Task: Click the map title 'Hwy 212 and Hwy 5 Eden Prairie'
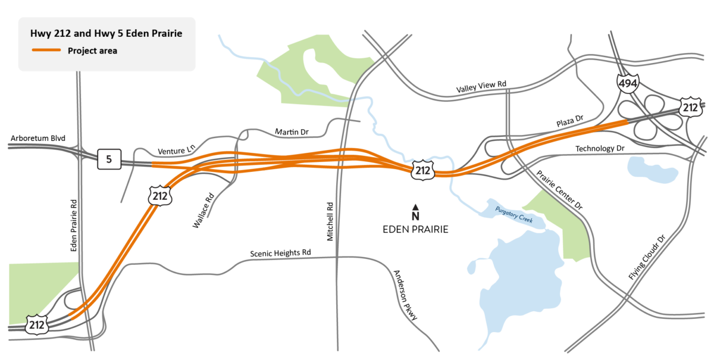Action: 107,34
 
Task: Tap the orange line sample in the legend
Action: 46,51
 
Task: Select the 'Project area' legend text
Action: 92,51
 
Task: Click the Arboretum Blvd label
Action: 37,139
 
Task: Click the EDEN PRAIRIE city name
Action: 416,229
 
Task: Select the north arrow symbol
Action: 416,212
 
